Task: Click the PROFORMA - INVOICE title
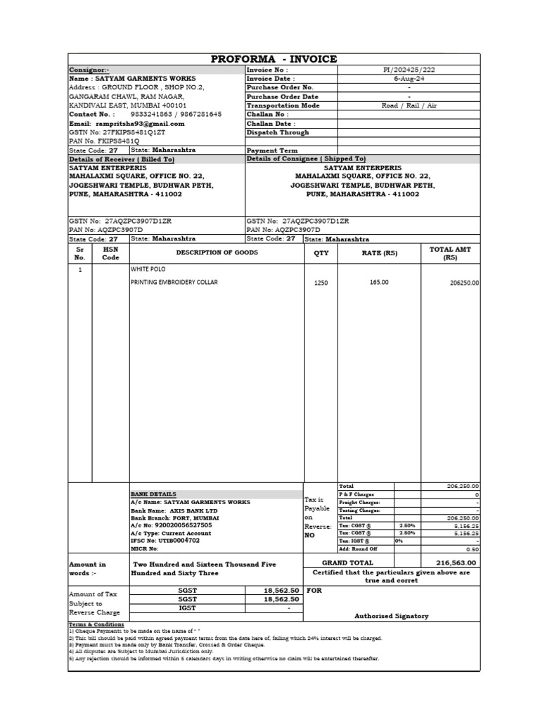click(x=274, y=59)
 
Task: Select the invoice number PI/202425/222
click(x=409, y=70)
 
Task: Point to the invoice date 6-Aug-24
click(x=409, y=79)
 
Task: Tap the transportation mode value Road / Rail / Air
click(x=409, y=105)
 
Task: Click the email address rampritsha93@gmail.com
click(x=140, y=123)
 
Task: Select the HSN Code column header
click(x=111, y=254)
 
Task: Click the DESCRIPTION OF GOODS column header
click(x=217, y=252)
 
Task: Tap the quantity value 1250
click(x=321, y=283)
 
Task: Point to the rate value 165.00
click(x=379, y=282)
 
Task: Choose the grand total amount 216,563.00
click(x=456, y=562)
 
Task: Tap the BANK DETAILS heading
click(x=153, y=494)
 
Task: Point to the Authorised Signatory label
click(x=392, y=616)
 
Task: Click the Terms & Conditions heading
click(x=96, y=624)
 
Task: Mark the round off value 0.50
click(x=472, y=549)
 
